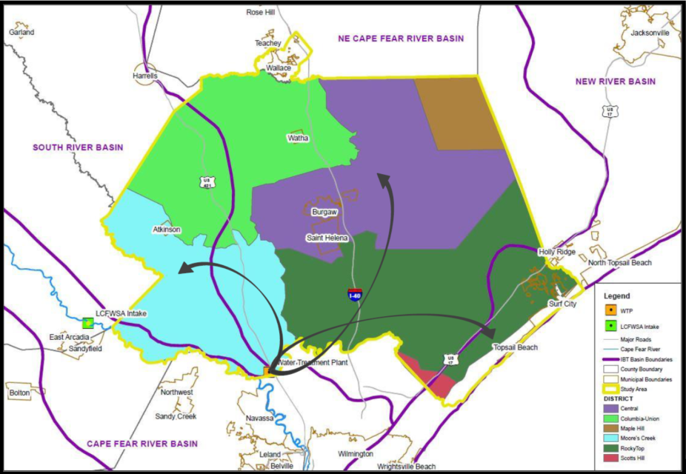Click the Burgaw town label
click(324, 212)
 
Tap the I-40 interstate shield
click(356, 294)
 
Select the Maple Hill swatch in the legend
click(611, 429)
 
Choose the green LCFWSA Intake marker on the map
click(88, 323)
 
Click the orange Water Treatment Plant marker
click(270, 370)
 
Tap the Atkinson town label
click(166, 230)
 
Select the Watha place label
click(299, 138)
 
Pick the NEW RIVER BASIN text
click(618, 81)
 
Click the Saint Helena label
click(327, 238)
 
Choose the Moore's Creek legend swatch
click(611, 439)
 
